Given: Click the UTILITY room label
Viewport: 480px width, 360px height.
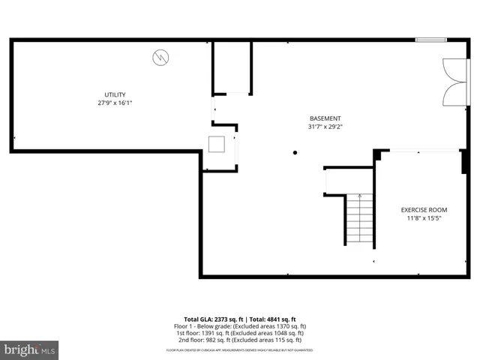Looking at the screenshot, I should pyautogui.click(x=115, y=94).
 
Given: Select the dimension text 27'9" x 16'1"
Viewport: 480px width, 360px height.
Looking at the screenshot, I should pyautogui.click(x=115, y=103).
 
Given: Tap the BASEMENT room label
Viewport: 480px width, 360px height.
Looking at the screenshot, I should pyautogui.click(x=325, y=118).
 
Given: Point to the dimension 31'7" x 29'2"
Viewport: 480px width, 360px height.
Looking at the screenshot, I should pyautogui.click(x=325, y=127).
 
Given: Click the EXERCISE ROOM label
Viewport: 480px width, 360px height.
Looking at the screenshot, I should pyautogui.click(x=424, y=210).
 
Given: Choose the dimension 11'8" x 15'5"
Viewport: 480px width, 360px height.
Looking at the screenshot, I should pyautogui.click(x=424, y=219).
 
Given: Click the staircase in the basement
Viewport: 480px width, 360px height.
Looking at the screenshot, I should pyautogui.click(x=360, y=218).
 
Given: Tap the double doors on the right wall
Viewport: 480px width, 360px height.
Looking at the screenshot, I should pyautogui.click(x=454, y=83).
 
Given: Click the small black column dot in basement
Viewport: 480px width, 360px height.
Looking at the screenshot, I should pyautogui.click(x=295, y=152).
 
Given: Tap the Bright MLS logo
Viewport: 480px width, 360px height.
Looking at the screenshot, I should pyautogui.click(x=30, y=349).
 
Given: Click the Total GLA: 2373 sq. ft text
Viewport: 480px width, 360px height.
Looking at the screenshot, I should pyautogui.click(x=211, y=319).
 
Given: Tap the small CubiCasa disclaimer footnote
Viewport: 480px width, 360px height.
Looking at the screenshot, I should pyautogui.click(x=240, y=349).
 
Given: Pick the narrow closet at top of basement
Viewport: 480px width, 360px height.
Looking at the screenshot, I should pyautogui.click(x=232, y=67).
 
